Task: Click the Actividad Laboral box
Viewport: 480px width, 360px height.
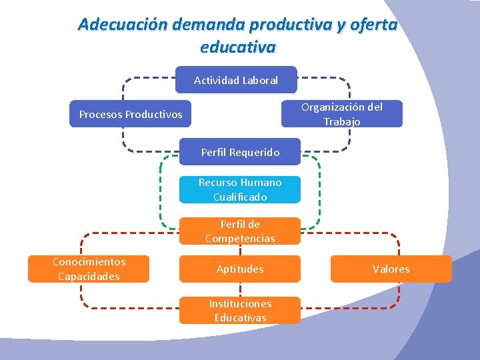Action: (x=236, y=80)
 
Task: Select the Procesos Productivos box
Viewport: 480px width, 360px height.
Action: (x=131, y=114)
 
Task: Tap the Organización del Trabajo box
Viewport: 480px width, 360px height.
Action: (x=342, y=114)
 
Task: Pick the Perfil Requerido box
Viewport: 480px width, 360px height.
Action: (x=240, y=153)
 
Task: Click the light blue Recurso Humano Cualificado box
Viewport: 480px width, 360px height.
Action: (x=240, y=189)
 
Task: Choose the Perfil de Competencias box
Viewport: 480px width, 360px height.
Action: (x=240, y=231)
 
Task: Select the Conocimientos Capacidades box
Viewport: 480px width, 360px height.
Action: (x=89, y=269)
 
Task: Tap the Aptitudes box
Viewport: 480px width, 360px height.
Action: (x=240, y=269)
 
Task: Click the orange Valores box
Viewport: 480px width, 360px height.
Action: (x=391, y=269)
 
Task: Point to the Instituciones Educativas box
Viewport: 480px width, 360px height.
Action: (x=240, y=311)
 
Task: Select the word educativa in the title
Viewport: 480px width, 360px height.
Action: (x=237, y=48)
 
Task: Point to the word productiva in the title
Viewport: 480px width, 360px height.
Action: (x=289, y=25)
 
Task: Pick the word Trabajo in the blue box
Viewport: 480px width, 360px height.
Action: (x=342, y=121)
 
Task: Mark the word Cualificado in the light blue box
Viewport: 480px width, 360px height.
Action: (x=240, y=197)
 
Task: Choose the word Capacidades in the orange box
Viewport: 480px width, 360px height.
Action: (x=89, y=276)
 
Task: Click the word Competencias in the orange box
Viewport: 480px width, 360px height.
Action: (x=240, y=239)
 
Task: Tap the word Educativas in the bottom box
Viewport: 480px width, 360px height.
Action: (x=240, y=318)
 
